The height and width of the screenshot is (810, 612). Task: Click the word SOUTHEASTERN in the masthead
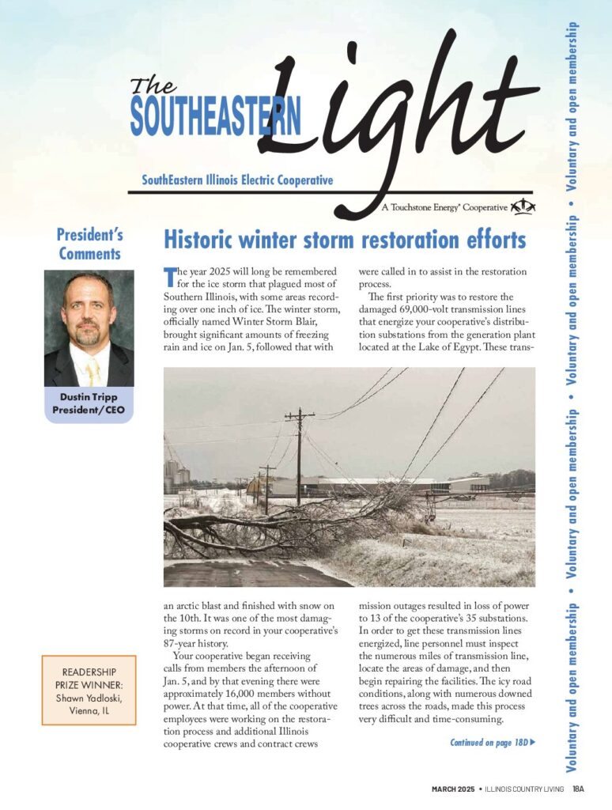point(216,116)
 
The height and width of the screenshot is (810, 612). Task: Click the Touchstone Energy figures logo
point(523,207)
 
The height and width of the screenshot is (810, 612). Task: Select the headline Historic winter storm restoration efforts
point(344,239)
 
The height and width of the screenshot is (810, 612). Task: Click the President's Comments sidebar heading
point(89,244)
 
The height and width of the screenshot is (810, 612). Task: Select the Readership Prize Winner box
point(89,690)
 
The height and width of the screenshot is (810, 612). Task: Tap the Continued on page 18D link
point(493,743)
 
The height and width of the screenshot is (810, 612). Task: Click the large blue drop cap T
point(168,277)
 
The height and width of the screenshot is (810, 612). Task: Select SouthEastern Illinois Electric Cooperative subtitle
point(237,180)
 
